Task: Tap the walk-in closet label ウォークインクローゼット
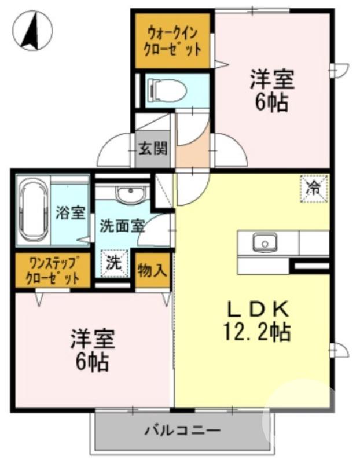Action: (x=174, y=40)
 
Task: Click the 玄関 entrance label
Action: (x=153, y=148)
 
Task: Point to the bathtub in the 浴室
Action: (x=32, y=211)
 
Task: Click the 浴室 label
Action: (x=71, y=212)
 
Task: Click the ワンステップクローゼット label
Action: (x=52, y=270)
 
